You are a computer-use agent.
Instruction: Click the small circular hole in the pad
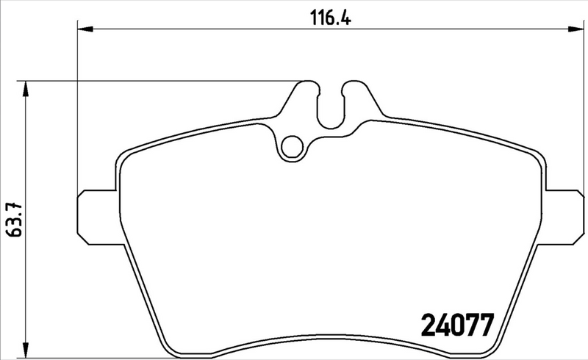point(294,146)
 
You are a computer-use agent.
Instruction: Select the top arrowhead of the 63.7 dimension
point(26,88)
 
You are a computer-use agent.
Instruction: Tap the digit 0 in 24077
point(455,324)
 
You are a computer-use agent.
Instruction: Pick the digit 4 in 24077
point(442,324)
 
